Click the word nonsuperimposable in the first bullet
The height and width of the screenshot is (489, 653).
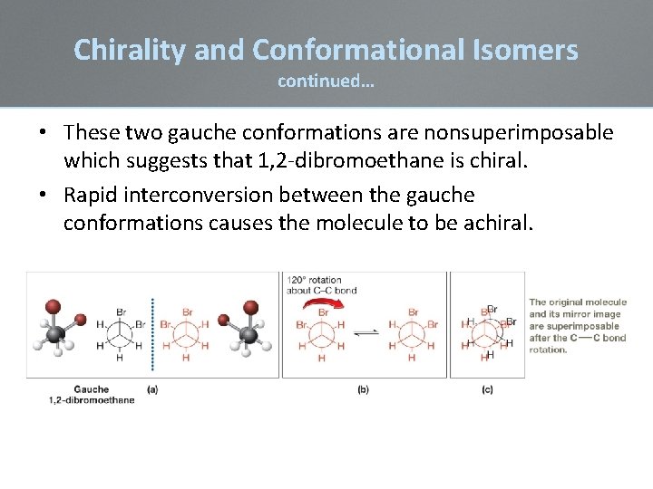pyautogui.click(x=512, y=133)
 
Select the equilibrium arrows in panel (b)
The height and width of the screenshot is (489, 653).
pyautogui.click(x=365, y=333)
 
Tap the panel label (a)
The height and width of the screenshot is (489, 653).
pyautogui.click(x=152, y=389)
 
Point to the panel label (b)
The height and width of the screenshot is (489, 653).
pyautogui.click(x=364, y=389)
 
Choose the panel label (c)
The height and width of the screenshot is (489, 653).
pyautogui.click(x=487, y=389)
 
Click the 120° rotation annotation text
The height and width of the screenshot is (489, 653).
pyautogui.click(x=322, y=284)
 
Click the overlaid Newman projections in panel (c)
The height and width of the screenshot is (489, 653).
pyautogui.click(x=487, y=332)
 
